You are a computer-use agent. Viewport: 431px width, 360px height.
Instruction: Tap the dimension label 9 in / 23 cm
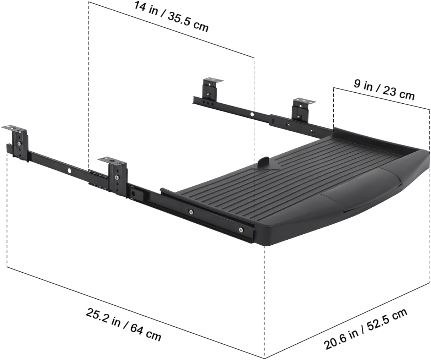pyautogui.click(x=384, y=90)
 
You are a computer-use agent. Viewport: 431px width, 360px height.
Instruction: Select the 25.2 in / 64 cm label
pyautogui.click(x=123, y=324)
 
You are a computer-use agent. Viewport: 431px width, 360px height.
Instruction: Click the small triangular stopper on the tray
pyautogui.click(x=264, y=163)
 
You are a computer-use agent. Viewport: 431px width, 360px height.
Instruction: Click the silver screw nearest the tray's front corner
pyautogui.click(x=241, y=229)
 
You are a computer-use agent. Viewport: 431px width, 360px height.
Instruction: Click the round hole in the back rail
pyautogui.click(x=252, y=115)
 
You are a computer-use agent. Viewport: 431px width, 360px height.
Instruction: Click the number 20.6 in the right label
pyautogui.click(x=336, y=340)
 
